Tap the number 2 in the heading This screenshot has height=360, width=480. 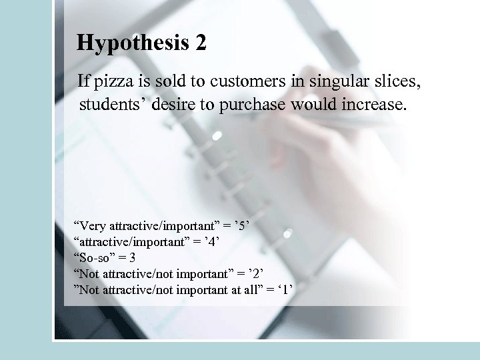click(x=201, y=44)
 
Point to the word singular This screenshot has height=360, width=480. click(x=320, y=83)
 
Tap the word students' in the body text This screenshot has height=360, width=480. click(x=109, y=105)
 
